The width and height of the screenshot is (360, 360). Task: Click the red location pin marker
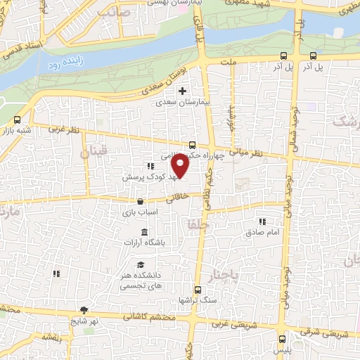(181, 166)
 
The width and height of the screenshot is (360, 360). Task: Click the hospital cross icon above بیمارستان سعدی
(182, 91)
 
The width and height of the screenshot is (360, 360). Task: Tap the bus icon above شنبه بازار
(18, 119)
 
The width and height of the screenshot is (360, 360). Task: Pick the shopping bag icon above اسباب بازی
(141, 201)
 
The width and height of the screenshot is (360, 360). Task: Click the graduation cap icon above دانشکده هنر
(141, 265)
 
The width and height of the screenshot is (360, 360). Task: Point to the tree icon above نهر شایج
(84, 310)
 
